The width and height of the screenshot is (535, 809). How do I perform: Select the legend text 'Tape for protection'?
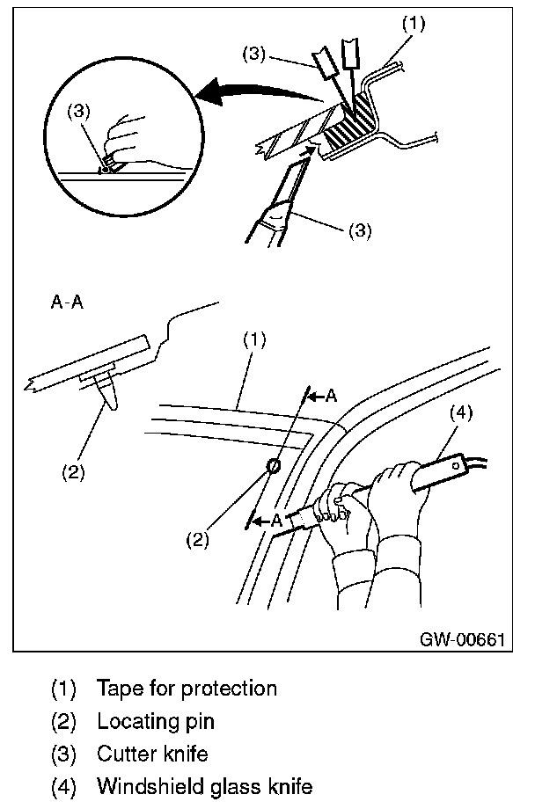coord(187,688)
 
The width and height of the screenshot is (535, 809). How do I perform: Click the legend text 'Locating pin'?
coord(156,721)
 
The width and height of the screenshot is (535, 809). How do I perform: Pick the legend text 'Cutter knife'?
coord(152,754)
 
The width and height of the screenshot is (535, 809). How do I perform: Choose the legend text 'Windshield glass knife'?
coord(204,785)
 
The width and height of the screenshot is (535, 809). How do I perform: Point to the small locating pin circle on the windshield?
coord(274,465)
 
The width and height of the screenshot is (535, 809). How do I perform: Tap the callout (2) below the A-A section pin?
coord(74,471)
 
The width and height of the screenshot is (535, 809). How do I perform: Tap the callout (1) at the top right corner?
coord(413,24)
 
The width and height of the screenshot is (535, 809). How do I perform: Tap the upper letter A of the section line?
coord(331,396)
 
